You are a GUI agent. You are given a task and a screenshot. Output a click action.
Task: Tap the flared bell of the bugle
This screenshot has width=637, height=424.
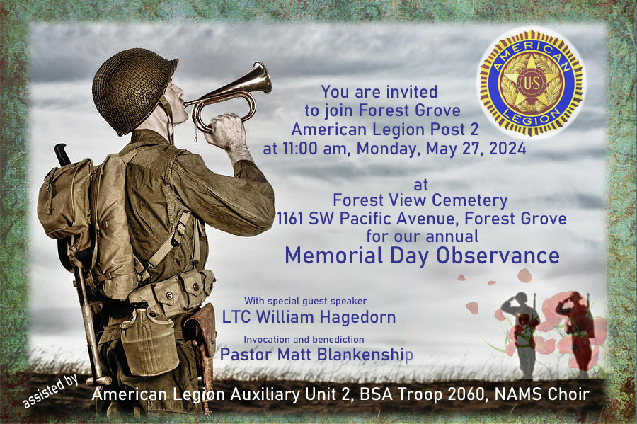click(258, 79)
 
